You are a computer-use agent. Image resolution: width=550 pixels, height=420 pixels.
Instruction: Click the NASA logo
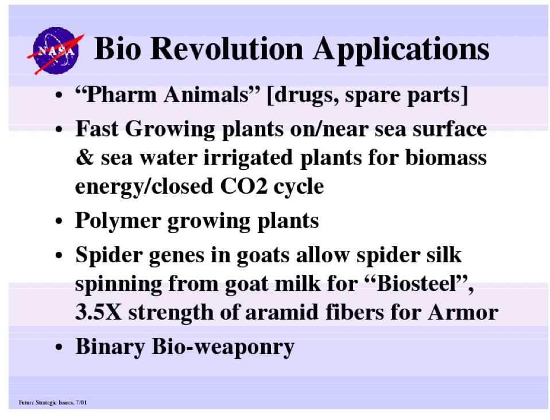56,51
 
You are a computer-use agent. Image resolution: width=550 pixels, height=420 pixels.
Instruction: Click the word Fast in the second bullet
97,129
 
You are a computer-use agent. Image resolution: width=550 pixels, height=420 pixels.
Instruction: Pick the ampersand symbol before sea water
85,157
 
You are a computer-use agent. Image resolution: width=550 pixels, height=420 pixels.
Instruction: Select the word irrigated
248,158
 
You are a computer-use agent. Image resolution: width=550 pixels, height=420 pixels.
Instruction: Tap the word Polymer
118,221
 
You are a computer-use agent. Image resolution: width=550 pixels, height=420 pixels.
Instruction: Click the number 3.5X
99,312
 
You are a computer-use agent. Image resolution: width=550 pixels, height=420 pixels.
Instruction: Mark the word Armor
463,312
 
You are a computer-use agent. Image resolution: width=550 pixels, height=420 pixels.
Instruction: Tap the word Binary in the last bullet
110,347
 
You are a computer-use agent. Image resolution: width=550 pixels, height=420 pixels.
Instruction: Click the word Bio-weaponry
223,347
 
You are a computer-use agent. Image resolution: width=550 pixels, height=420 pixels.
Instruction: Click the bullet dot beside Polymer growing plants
59,221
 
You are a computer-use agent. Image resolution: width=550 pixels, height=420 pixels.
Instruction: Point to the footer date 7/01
82,402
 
